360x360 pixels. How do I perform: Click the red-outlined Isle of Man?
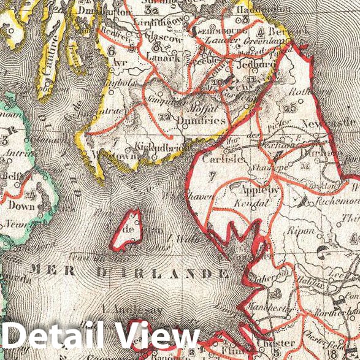[128, 229]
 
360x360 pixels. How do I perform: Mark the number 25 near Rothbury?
[290, 109]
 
